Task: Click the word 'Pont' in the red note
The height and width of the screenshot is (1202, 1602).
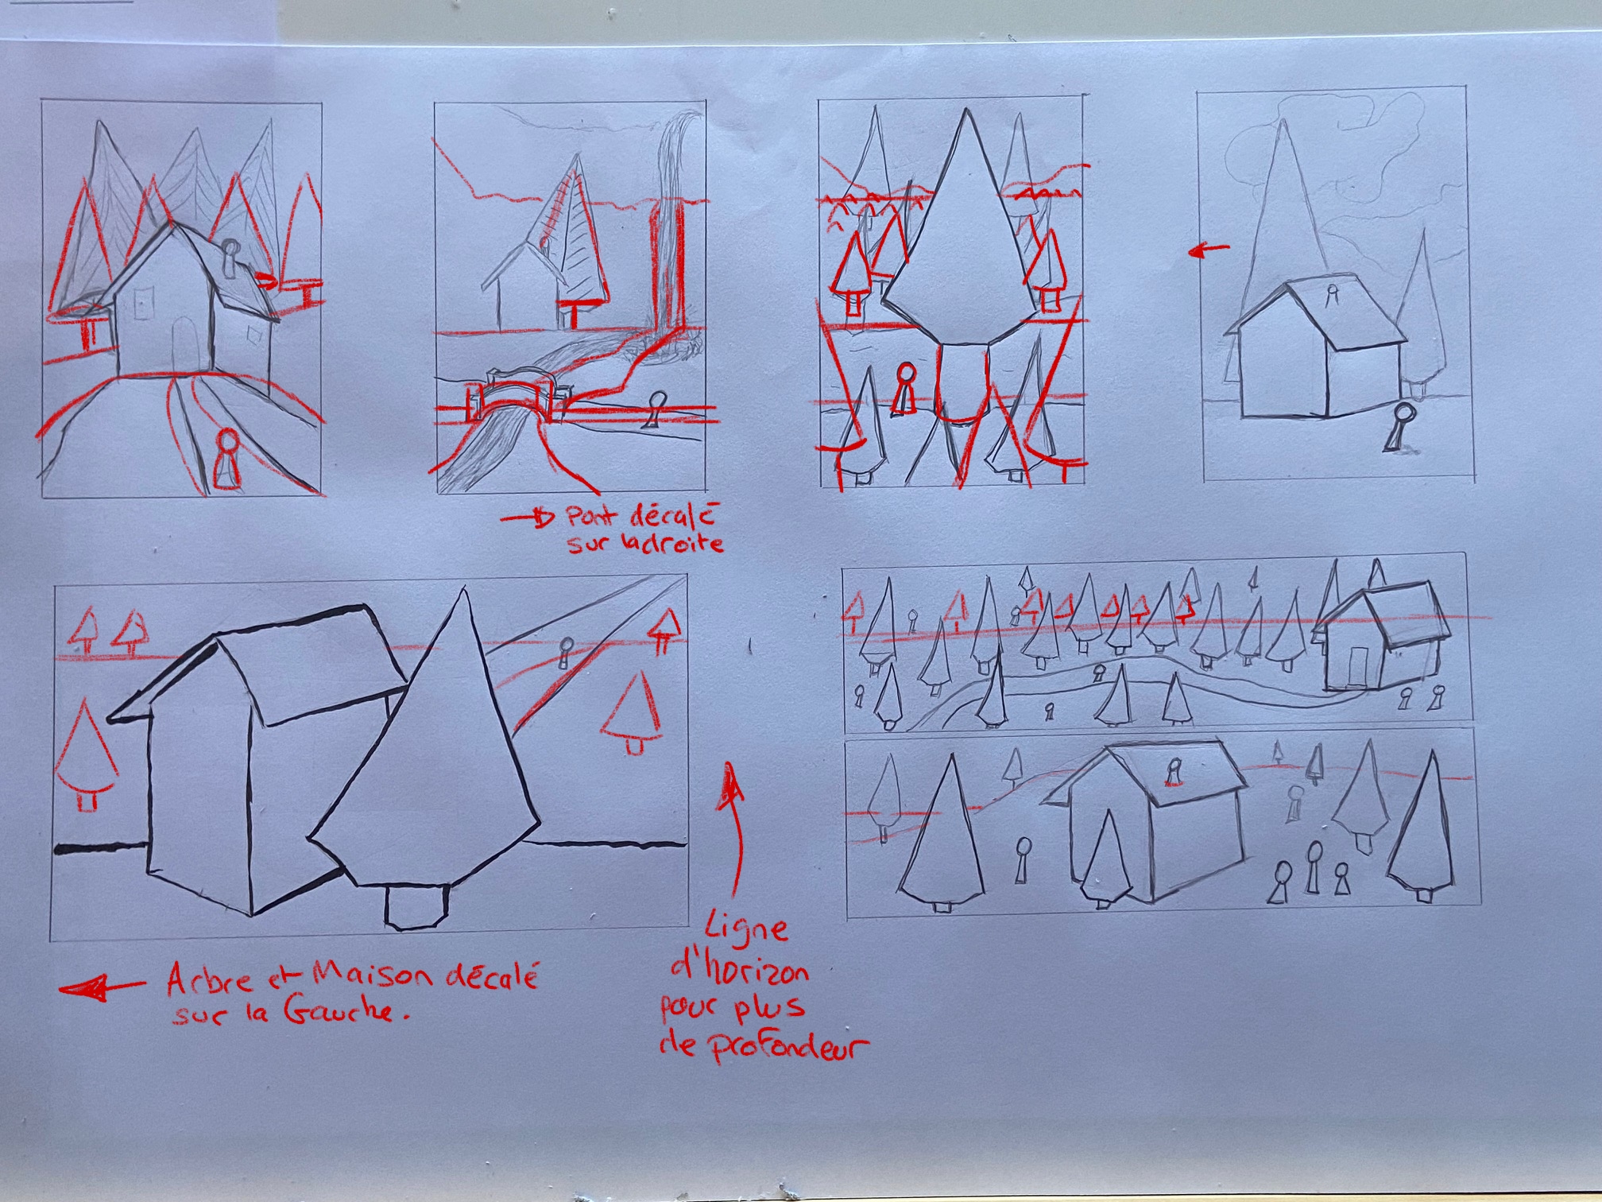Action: (593, 518)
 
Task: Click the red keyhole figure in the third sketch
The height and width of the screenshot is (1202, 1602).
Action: (903, 389)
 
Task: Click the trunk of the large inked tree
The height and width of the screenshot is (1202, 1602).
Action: (416, 906)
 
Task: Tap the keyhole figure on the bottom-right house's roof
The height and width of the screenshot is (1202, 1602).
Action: (1173, 772)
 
